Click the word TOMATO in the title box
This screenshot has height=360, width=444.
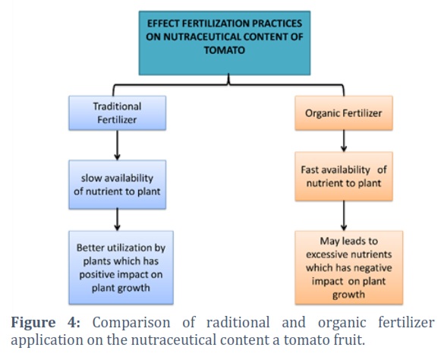225,50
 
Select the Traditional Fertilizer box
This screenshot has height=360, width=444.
117,113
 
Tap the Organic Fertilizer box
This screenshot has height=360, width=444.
344,113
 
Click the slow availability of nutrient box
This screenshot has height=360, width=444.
117,185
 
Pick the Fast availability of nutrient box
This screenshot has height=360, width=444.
344,176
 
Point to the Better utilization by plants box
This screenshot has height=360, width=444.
121,267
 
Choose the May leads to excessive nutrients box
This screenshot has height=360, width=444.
349,267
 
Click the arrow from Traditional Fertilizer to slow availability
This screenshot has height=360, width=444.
117,145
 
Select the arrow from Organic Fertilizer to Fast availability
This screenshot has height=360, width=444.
344,141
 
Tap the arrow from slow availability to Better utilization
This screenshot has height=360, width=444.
117,220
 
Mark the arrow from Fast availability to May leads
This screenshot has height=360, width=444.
344,216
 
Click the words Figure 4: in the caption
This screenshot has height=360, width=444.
46,323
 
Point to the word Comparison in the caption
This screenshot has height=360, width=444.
131,323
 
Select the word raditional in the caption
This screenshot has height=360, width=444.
238,323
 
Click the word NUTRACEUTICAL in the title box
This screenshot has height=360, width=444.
202,37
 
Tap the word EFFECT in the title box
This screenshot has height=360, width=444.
163,24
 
